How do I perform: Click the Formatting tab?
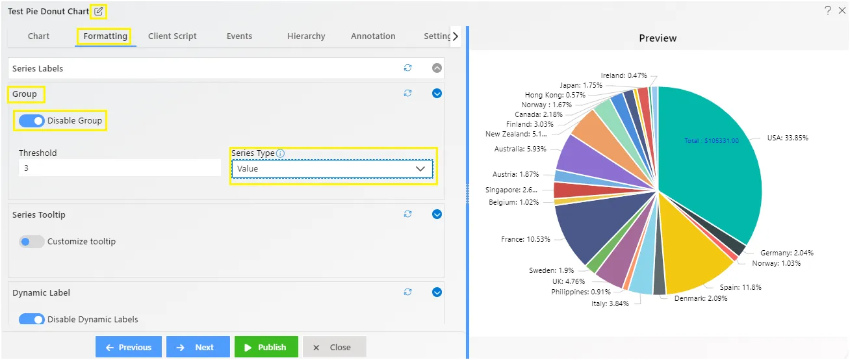105,36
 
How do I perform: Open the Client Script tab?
172,36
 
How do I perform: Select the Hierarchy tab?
306,36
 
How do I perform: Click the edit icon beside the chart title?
99,12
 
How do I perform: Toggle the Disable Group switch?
31,121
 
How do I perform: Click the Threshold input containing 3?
120,168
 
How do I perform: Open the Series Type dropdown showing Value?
332,169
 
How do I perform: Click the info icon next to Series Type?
281,153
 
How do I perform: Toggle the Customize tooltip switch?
31,242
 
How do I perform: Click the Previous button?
128,347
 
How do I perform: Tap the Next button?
198,347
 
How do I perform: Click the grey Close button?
334,347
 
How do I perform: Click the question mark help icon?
828,10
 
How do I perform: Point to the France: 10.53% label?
525,239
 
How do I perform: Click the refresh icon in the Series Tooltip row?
407,214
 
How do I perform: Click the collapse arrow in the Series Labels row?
437,68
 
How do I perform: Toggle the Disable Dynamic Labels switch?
31,320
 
